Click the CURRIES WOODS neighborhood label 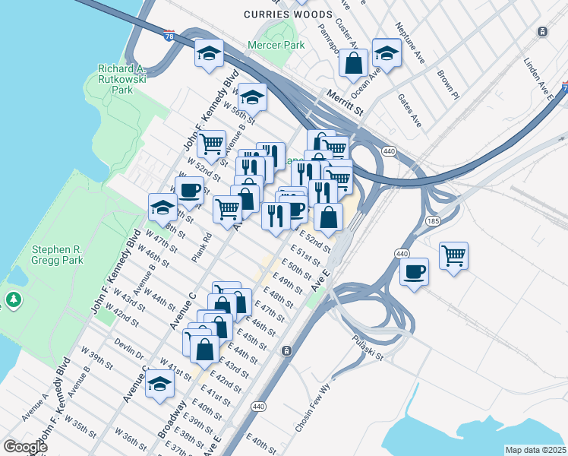[288, 14]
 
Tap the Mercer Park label [276, 46]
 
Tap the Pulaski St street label [368, 347]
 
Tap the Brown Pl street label [448, 86]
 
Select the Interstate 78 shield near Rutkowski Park [169, 35]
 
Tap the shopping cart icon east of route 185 [453, 255]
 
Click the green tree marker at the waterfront [14, 301]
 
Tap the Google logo [24, 447]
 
